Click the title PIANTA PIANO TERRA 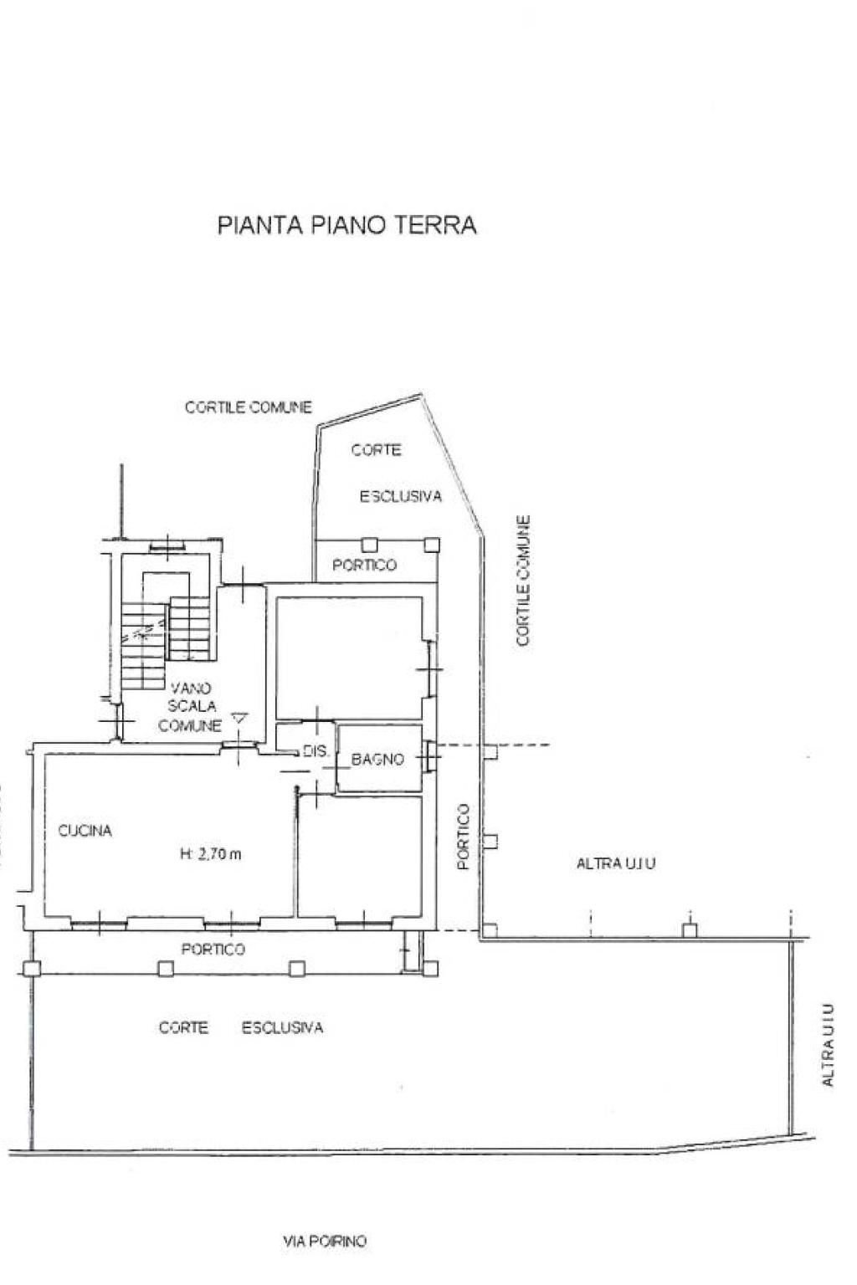(x=346, y=225)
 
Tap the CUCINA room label (x=85, y=831)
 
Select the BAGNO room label (x=377, y=760)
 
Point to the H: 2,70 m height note (x=211, y=854)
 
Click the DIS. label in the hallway (x=316, y=751)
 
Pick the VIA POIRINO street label (x=325, y=1241)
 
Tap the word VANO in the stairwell (x=191, y=688)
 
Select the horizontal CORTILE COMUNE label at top (x=249, y=407)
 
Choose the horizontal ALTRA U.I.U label (x=615, y=863)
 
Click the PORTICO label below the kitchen (x=213, y=950)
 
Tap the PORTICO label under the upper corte (x=364, y=565)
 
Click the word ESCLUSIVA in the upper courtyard (x=401, y=497)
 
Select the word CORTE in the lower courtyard (x=183, y=1027)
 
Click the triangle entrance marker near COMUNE (x=239, y=718)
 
